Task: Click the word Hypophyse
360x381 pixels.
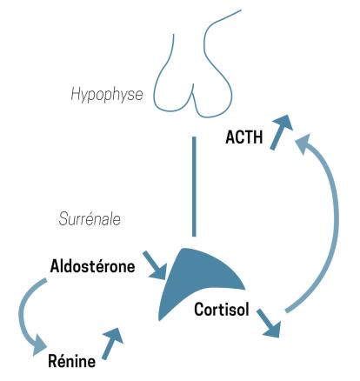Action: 107,96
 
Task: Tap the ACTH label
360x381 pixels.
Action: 244,137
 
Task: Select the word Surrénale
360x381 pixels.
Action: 90,219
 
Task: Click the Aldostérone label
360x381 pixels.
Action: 92,266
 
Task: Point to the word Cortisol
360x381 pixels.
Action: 222,310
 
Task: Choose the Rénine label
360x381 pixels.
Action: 72,361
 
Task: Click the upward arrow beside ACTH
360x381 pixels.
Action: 280,131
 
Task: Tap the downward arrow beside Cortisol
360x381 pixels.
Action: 270,323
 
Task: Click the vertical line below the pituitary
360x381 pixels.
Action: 194,186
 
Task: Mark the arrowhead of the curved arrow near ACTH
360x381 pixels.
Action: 303,144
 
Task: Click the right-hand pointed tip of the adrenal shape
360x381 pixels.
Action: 245,289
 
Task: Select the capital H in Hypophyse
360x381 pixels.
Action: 76,94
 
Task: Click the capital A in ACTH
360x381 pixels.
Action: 230,137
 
